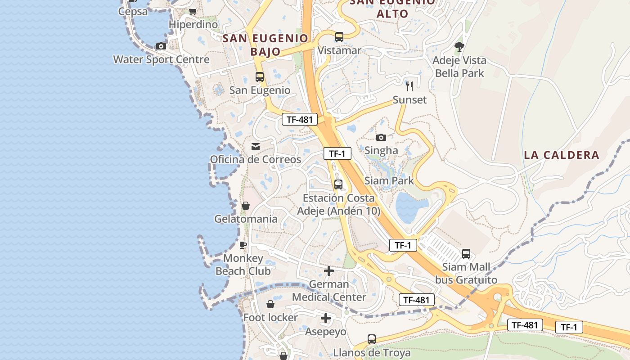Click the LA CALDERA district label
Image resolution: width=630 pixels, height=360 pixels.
[562, 155]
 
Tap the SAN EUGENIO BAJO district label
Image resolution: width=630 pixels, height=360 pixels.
[265, 45]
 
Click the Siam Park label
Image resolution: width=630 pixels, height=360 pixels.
[389, 181]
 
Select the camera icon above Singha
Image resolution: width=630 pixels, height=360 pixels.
[381, 137]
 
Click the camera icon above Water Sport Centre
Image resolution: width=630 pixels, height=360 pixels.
[161, 46]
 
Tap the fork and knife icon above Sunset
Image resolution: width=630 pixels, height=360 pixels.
[409, 86]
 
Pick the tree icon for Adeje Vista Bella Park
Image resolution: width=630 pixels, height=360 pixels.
[459, 46]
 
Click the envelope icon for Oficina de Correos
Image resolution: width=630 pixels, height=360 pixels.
[256, 146]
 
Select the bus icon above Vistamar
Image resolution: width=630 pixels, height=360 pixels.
[339, 37]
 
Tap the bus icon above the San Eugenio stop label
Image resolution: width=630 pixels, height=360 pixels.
[260, 77]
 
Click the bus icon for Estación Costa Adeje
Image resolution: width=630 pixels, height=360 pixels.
[338, 184]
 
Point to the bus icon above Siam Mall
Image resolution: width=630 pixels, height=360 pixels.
[466, 253]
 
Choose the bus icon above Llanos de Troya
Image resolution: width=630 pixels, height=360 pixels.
[372, 339]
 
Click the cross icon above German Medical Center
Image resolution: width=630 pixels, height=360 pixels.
[329, 271]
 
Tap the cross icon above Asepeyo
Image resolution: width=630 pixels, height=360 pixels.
[326, 319]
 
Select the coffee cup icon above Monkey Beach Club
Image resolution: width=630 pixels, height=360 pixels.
[243, 245]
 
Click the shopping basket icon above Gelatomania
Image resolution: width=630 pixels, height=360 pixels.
[246, 206]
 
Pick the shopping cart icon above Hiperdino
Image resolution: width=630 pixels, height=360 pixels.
[193, 11]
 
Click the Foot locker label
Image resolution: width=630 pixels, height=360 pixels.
[270, 318]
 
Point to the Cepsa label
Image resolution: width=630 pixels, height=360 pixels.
[133, 11]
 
